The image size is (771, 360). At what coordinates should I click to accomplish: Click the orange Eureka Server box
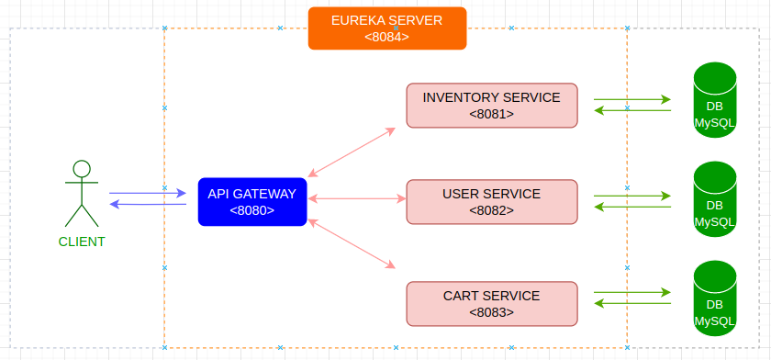[x=387, y=28]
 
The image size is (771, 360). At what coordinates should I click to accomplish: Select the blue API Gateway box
[x=252, y=202]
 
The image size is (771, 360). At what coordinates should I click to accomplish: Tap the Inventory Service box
[x=492, y=106]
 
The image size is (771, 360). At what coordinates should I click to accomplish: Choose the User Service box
[x=492, y=202]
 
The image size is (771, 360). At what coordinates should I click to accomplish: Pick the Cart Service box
[x=492, y=303]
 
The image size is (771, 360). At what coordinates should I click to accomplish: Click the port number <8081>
[x=491, y=114]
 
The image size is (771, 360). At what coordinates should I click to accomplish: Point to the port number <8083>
[x=491, y=312]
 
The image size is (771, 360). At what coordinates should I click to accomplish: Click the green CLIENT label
[x=82, y=242]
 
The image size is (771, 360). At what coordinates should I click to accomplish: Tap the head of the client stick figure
[x=82, y=169]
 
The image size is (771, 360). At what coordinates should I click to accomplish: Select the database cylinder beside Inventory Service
[x=715, y=100]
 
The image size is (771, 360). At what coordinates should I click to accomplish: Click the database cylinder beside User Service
[x=715, y=198]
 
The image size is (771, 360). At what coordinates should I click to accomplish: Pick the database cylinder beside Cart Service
[x=715, y=298]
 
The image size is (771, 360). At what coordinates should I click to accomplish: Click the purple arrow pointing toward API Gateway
[x=148, y=193]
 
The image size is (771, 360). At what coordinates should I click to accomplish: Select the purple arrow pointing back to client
[x=148, y=204]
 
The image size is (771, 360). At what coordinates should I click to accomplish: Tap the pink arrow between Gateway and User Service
[x=357, y=198]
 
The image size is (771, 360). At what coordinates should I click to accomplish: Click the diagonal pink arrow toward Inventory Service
[x=352, y=152]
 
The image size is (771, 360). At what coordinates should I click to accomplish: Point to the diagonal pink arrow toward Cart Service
[x=352, y=244]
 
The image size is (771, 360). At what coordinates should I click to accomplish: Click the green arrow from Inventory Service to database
[x=632, y=99]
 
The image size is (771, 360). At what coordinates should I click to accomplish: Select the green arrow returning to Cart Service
[x=632, y=303]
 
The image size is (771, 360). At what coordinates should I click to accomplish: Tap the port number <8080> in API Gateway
[x=251, y=210]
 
